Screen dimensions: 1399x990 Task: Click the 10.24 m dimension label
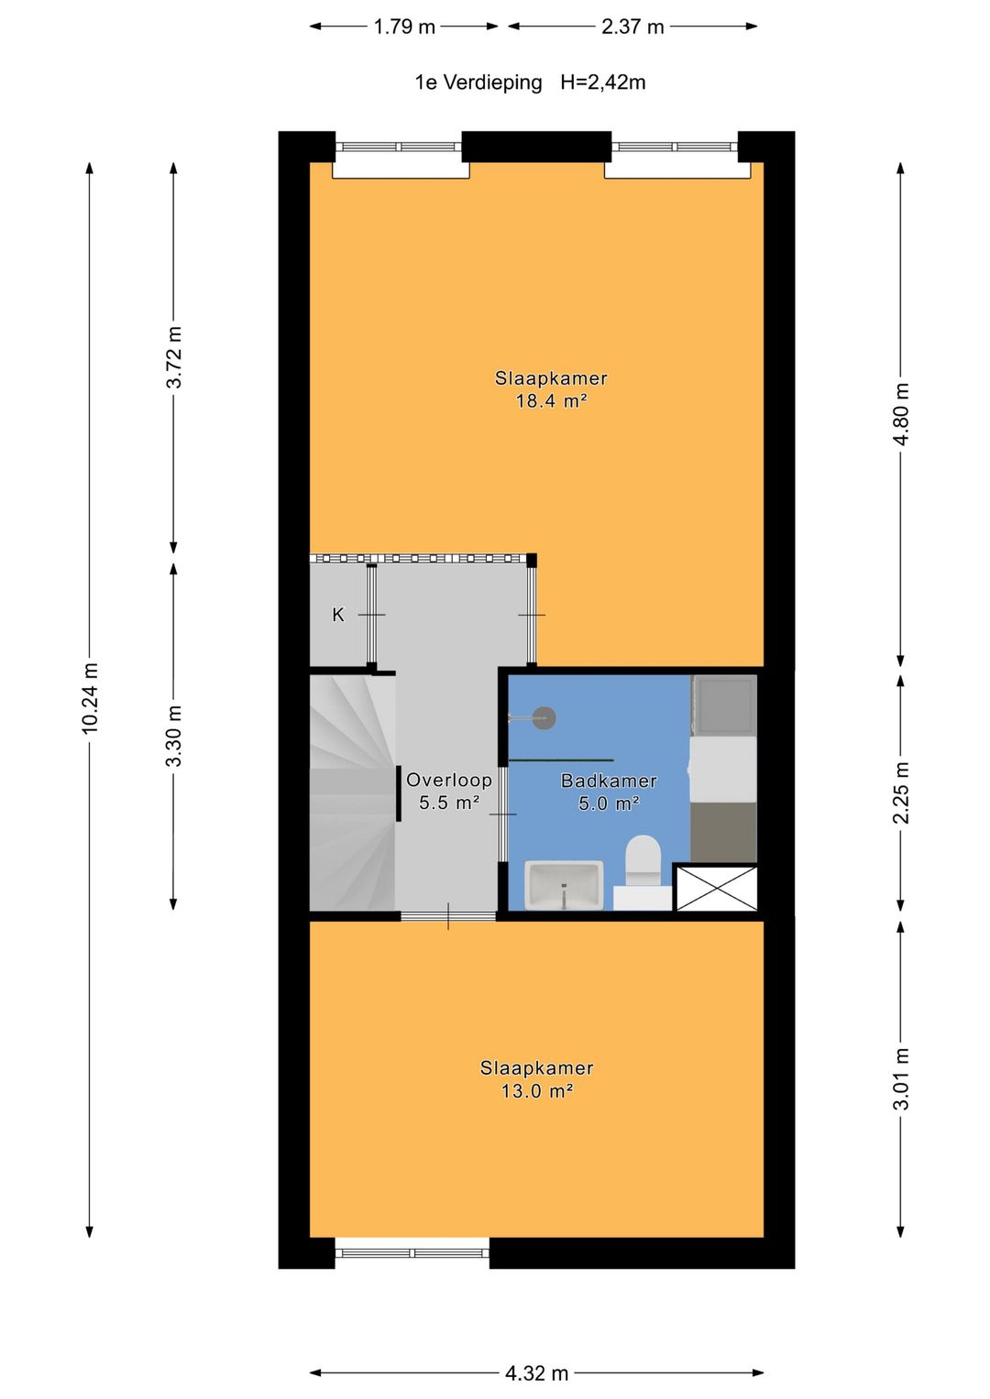point(90,698)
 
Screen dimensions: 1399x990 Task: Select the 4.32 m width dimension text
point(536,1372)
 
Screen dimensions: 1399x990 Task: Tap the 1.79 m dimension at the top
point(404,27)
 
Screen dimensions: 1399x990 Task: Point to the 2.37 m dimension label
point(632,27)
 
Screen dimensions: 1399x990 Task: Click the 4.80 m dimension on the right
point(901,414)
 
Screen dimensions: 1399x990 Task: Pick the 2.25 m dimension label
point(901,792)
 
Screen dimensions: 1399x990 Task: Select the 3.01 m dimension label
point(901,1078)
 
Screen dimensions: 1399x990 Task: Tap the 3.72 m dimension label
point(174,357)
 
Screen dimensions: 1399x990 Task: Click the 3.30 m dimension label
point(174,736)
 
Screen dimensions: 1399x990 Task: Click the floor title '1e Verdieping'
point(478,82)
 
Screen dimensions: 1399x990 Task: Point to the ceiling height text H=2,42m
point(602,82)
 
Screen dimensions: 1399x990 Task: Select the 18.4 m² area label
point(550,401)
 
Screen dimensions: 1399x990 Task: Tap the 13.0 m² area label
point(536,1091)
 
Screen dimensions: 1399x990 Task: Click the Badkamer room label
point(609,781)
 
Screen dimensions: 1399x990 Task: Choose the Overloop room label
point(448,780)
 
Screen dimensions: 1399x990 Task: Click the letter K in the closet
point(338,615)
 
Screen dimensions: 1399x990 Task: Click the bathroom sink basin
point(563,884)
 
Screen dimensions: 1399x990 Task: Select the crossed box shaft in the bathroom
point(716,888)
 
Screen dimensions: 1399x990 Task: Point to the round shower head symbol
point(544,718)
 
